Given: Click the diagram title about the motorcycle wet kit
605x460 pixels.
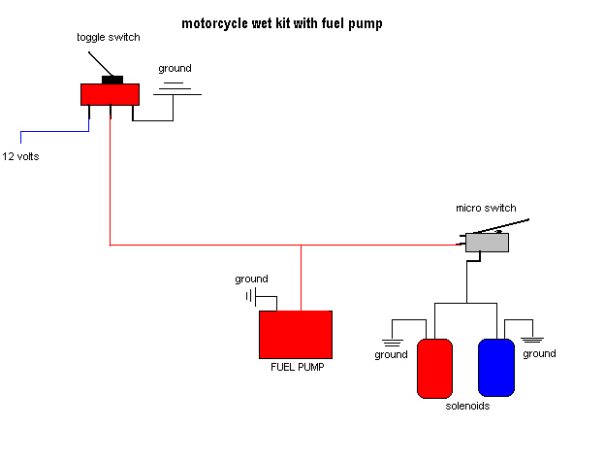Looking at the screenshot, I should [x=281, y=23].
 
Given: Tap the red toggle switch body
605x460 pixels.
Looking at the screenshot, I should [x=110, y=94].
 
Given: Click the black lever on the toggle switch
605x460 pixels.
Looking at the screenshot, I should [x=111, y=80].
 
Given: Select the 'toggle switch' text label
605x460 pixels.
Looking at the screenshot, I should [x=109, y=38].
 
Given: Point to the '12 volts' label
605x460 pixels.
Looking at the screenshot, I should [x=22, y=156].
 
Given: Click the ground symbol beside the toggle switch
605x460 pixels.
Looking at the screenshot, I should [x=175, y=89].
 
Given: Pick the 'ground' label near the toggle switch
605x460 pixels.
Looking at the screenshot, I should [x=175, y=69].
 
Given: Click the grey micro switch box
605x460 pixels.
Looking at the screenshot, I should [x=487, y=243].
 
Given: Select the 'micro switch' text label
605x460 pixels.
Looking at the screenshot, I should [x=486, y=209].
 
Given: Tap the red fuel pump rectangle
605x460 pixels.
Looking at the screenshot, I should [x=296, y=335].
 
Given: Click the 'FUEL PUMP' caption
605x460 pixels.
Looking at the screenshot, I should [x=296, y=368].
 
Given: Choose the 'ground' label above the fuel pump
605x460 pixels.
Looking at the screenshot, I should [x=251, y=279].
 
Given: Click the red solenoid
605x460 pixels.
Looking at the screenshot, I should [x=434, y=368].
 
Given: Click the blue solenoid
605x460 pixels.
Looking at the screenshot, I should [x=495, y=368].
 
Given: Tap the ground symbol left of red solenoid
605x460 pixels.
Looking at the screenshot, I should [x=392, y=341].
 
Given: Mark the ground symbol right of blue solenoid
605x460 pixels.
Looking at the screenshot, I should [x=532, y=339].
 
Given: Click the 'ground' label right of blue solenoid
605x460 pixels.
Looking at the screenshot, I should [x=539, y=354].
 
